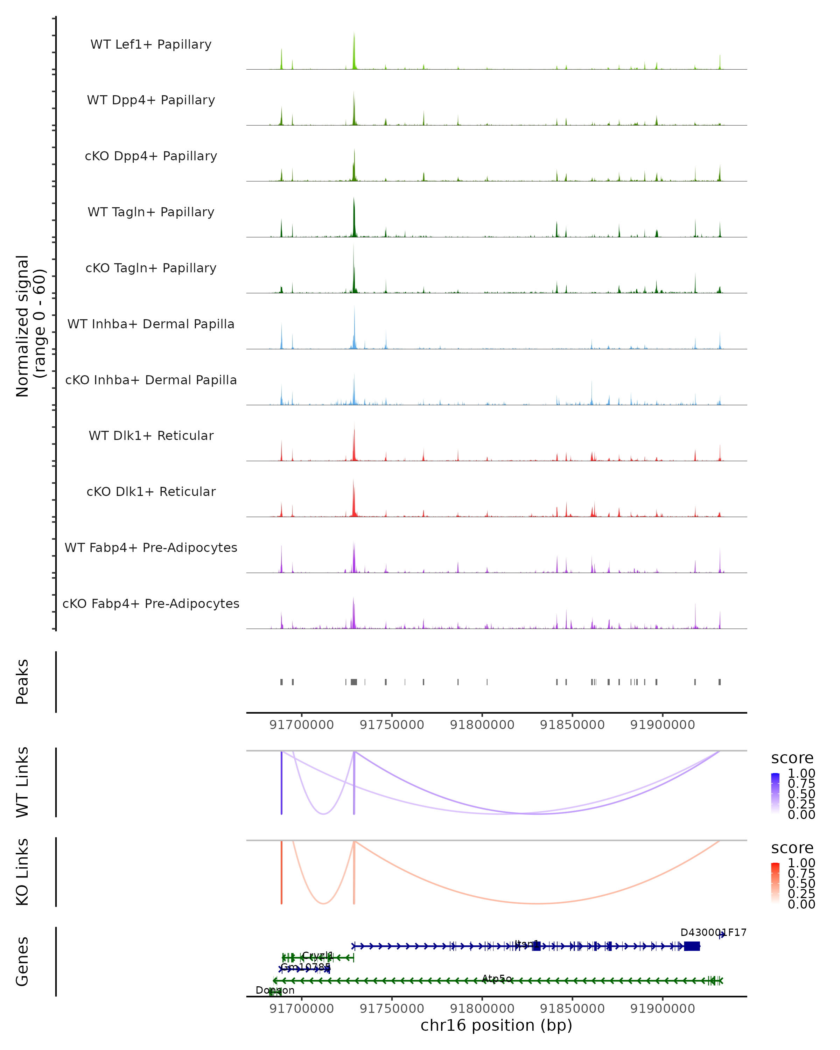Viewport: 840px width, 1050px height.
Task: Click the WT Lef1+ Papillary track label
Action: (x=151, y=44)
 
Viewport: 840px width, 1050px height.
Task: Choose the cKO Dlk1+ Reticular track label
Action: (x=151, y=491)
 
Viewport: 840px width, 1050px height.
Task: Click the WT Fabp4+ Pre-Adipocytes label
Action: (x=151, y=547)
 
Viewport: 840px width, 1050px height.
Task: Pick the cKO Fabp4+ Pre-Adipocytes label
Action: (x=151, y=603)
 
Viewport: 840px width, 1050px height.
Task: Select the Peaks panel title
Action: (x=22, y=681)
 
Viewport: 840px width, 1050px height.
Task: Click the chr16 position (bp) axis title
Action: (x=496, y=1025)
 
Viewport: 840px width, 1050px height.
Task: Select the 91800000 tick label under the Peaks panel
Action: (x=482, y=725)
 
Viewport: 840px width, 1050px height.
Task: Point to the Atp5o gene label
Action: (x=497, y=978)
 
